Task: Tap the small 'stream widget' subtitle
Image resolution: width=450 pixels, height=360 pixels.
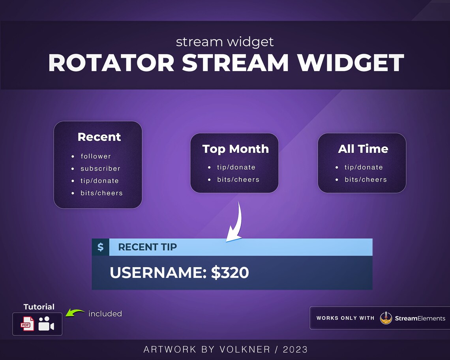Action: coord(225,41)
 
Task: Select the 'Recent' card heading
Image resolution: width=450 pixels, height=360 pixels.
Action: coord(99,137)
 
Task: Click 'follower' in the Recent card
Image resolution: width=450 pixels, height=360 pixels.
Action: coord(96,156)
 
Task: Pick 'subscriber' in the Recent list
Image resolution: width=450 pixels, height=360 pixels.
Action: coord(100,169)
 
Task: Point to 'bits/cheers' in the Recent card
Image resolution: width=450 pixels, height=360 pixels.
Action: coord(101,193)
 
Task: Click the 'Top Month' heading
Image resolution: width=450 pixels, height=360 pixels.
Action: coord(235,149)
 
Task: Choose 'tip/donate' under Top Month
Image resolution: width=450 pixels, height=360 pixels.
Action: coord(236,167)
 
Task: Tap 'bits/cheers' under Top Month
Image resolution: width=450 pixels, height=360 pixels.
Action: coord(238,180)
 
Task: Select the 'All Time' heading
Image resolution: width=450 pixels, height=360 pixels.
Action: coord(363,149)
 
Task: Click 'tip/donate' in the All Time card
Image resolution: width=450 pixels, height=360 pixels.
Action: coord(364,167)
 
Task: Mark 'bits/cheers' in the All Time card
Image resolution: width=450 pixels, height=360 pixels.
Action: coord(366,180)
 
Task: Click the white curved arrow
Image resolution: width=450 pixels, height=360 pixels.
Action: coord(236,223)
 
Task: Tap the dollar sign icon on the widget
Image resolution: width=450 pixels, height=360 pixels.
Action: coord(101,247)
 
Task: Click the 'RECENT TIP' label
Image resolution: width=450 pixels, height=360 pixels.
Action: coord(147,247)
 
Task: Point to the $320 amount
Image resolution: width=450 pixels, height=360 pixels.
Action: coord(230,273)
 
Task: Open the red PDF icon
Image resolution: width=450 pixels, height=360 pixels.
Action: coord(27,324)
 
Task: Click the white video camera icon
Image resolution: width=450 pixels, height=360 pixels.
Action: coord(46,324)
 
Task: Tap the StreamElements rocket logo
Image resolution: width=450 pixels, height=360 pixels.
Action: coord(386,318)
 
